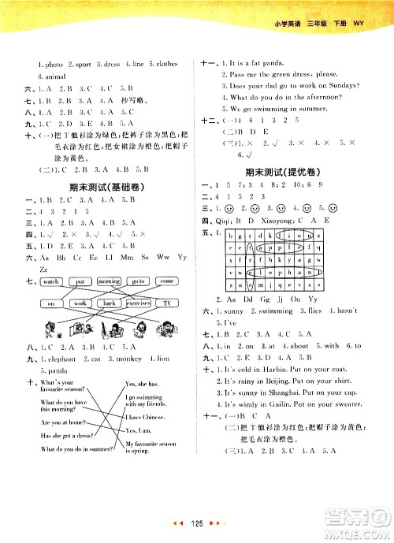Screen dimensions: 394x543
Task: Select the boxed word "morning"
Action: point(110,281)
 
